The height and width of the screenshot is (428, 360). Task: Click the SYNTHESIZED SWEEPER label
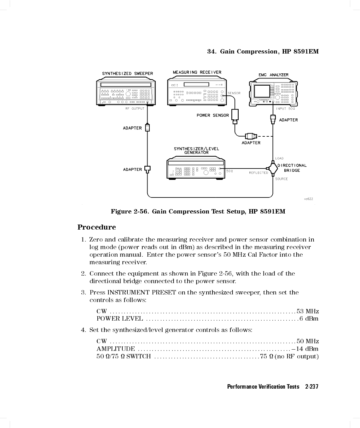[127, 74]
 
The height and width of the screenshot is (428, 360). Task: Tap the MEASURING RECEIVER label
[197, 72]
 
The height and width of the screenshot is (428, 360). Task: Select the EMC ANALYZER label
[274, 75]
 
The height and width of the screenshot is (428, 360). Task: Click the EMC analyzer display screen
[262, 91]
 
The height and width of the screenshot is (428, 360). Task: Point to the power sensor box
[235, 115]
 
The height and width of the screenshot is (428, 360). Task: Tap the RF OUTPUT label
[135, 109]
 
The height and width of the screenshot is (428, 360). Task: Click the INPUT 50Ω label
[286, 109]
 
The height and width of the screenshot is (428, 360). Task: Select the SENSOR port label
[234, 93]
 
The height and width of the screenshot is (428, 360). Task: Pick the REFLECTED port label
[258, 173]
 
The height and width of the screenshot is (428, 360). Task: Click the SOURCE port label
[282, 179]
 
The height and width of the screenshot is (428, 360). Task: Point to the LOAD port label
[279, 158]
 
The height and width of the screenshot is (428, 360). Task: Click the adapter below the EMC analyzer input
[273, 119]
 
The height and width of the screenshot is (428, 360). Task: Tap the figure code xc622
[308, 199]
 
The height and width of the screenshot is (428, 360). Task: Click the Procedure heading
[96, 227]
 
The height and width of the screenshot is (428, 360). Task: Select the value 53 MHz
[308, 311]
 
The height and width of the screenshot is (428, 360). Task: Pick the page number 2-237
[312, 387]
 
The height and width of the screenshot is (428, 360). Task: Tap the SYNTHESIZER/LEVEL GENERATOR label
[196, 151]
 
